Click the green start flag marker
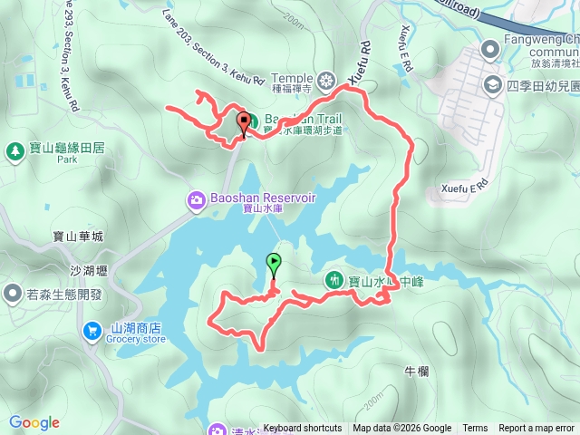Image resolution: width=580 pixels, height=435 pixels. pyautogui.click(x=274, y=265)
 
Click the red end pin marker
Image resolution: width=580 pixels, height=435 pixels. pyautogui.click(x=243, y=123)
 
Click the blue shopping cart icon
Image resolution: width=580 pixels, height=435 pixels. pyautogui.click(x=92, y=333)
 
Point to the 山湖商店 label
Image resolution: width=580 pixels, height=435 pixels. pyautogui.click(x=137, y=327)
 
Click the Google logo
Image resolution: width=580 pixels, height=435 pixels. pyautogui.click(x=34, y=422)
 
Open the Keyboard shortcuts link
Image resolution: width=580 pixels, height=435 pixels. pyautogui.click(x=303, y=429)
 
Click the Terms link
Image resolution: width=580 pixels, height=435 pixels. pyautogui.click(x=475, y=429)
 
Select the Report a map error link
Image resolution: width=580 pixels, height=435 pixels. pyautogui.click(x=536, y=429)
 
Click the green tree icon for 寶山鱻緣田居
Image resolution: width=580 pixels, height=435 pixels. pyautogui.click(x=14, y=150)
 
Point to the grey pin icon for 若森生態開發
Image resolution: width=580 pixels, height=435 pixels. pyautogui.click(x=13, y=293)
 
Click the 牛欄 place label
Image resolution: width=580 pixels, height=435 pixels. pyautogui.click(x=416, y=371)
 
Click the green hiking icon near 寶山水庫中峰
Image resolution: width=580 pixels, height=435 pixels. pyautogui.click(x=334, y=281)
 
